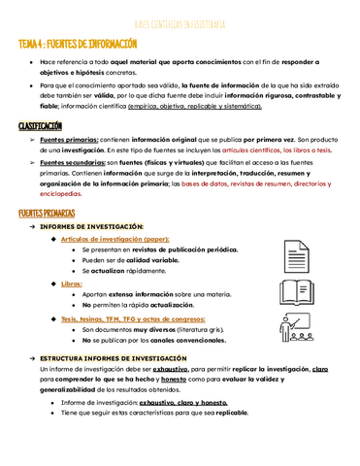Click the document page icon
[x=296, y=256]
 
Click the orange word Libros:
[x=72, y=283]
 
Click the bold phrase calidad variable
[x=145, y=260]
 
